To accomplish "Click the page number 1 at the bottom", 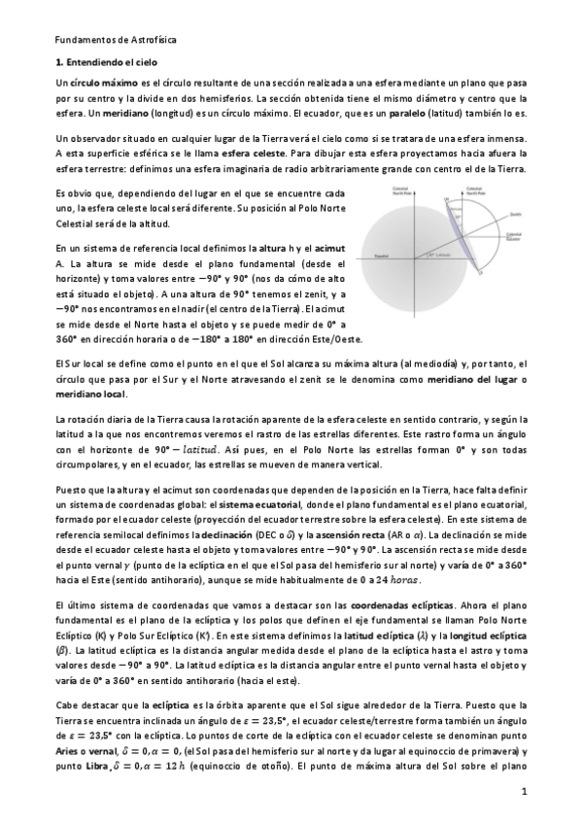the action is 523,793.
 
